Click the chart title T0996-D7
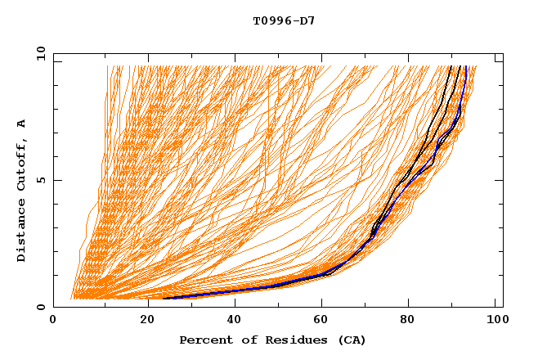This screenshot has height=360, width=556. [284, 20]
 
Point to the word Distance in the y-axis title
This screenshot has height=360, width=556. [22, 231]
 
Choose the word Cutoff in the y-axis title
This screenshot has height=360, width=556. [22, 166]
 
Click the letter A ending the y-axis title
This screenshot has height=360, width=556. [22, 124]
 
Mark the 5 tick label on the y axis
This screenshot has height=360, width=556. [40, 180]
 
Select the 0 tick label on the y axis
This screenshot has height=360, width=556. [40, 307]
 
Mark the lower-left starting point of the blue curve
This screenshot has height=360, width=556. [164, 298]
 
